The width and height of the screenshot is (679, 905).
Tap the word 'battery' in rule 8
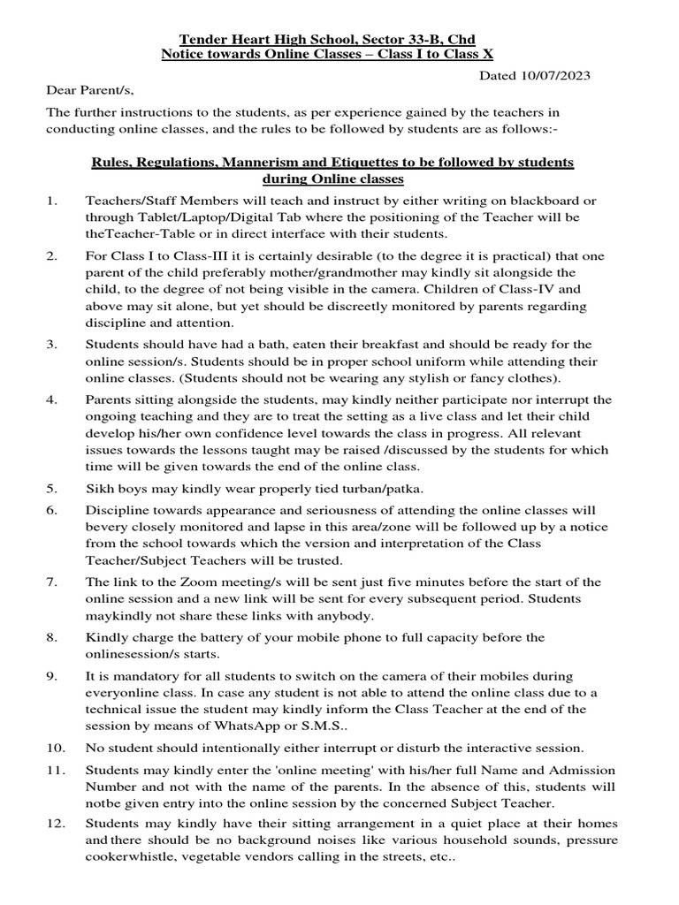coord(205,637)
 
